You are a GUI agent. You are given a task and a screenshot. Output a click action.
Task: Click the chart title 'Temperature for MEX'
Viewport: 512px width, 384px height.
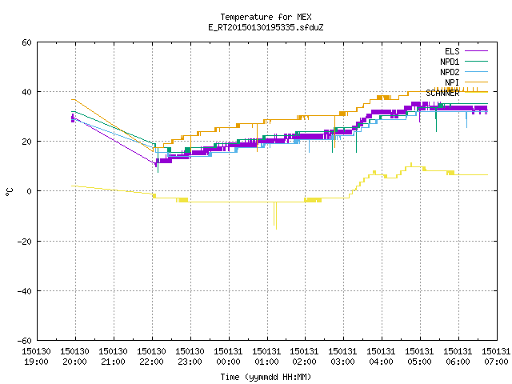pos(266,17)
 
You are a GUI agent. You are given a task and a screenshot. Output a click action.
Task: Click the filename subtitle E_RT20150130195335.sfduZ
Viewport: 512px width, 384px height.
pos(266,27)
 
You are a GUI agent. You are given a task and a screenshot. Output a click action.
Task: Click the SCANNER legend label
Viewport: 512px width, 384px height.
pos(442,93)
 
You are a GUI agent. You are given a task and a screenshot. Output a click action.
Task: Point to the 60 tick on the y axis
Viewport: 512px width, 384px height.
pos(26,42)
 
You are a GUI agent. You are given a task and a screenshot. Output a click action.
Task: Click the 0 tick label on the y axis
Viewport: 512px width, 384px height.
pos(30,191)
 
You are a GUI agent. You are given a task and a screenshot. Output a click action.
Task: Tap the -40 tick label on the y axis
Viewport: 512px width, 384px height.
pos(25,291)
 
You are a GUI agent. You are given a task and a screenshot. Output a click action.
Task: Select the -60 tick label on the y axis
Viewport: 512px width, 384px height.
pos(25,341)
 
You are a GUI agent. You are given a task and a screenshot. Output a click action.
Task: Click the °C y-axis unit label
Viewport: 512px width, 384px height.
pos(9,192)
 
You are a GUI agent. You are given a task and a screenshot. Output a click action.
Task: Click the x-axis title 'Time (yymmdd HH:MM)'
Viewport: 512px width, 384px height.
pos(266,377)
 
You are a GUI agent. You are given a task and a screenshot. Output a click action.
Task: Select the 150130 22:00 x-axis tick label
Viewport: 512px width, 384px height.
pos(151,357)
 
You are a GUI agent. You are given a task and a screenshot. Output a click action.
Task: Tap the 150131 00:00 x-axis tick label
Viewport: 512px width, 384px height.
pos(228,357)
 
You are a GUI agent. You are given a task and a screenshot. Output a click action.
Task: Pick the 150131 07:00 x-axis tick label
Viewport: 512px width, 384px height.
pos(496,357)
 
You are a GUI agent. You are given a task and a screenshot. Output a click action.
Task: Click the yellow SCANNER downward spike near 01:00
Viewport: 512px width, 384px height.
pos(275,216)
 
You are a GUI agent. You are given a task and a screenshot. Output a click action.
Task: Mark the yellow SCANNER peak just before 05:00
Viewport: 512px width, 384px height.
pos(411,163)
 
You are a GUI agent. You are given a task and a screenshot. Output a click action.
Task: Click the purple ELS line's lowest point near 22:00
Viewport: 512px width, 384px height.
pos(156,166)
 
